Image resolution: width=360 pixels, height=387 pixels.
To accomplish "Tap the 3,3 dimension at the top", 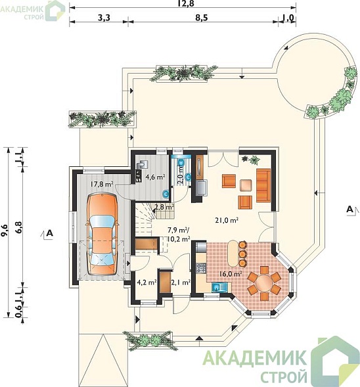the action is [x=104, y=18].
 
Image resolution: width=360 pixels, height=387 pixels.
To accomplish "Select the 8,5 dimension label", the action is [x=202, y=18].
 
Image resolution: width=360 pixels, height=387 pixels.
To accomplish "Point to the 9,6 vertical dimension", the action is [x=5, y=231].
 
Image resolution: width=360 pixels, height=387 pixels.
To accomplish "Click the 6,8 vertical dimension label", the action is [x=19, y=227].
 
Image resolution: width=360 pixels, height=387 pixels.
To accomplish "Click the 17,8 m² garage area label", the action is [x=101, y=184].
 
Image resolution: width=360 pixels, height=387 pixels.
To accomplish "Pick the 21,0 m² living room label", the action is [x=227, y=220].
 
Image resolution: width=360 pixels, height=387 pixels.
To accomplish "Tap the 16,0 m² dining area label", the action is [x=230, y=274].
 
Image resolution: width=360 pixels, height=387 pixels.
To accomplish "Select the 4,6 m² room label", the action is [x=155, y=177].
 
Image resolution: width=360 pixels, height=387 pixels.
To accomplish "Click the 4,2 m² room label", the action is [x=146, y=282].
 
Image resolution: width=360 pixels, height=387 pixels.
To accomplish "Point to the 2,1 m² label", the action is [x=181, y=282].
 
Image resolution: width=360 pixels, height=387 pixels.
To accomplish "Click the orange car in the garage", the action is [x=102, y=234].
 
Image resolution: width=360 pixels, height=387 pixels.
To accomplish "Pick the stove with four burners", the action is [x=201, y=268].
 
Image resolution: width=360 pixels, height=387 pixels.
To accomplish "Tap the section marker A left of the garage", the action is [x=50, y=233].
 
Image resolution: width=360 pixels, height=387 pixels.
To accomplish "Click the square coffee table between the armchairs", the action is [x=246, y=185].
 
